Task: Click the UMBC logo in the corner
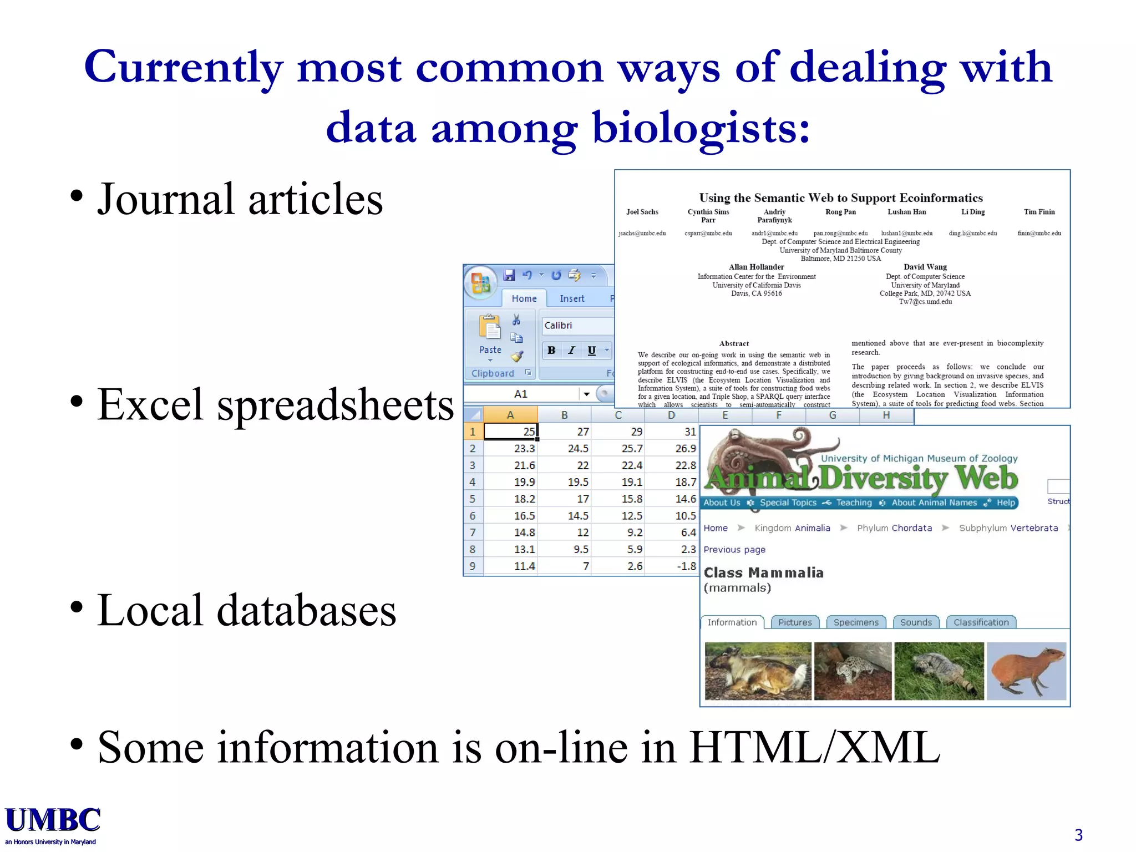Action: (x=53, y=824)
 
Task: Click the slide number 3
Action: (x=1078, y=835)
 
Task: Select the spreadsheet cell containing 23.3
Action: (x=511, y=448)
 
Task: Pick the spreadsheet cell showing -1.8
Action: (x=672, y=566)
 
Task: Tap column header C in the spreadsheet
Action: (x=618, y=415)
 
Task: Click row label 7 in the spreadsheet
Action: (x=473, y=532)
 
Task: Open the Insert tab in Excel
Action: (x=572, y=298)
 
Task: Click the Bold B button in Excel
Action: (x=551, y=350)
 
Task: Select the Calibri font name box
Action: (x=577, y=326)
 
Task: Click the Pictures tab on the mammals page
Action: (x=794, y=622)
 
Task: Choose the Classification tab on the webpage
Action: (x=981, y=622)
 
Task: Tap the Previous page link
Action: (x=734, y=550)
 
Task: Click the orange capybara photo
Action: (x=1026, y=671)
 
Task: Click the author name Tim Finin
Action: (x=1039, y=212)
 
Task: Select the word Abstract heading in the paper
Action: (x=734, y=344)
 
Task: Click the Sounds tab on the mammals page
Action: (x=916, y=622)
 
